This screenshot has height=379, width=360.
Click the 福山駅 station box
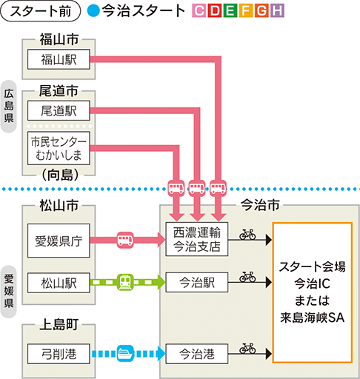[58, 59]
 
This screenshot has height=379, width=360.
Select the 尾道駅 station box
[58, 112]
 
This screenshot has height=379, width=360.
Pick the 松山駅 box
[58, 281]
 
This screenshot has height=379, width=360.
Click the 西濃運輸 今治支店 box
[197, 239]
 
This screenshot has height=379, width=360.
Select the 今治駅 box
[197, 281]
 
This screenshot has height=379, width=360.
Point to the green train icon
[125, 281]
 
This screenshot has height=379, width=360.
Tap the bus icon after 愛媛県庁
[125, 239]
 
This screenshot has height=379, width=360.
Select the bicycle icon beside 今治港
[247, 348]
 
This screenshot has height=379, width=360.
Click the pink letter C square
[197, 12]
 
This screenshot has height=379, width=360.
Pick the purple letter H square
[277, 12]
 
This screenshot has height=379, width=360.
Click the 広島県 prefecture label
[9, 106]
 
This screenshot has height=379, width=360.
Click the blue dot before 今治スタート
[92, 12]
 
